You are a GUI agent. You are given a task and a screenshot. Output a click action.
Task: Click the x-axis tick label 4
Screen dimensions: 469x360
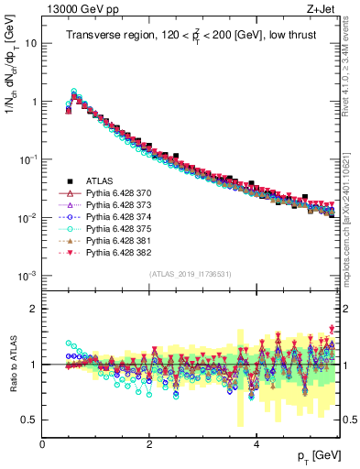click(x=256, y=444)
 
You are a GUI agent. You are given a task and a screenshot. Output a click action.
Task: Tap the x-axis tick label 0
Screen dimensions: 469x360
click(x=42, y=444)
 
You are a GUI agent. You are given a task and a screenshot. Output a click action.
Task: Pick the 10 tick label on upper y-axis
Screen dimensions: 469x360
click(x=30, y=43)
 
